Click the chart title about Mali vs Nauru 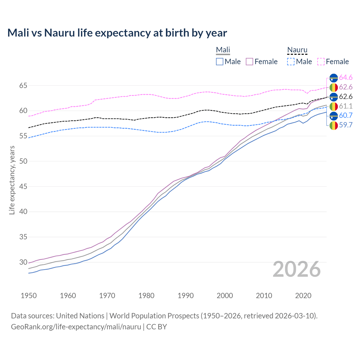tap(117, 33)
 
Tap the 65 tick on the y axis tap(23, 85)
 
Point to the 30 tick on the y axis tap(23, 262)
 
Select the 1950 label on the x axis tap(29, 296)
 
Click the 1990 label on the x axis tap(186, 296)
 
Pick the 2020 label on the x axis tap(303, 296)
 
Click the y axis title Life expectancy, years tap(12, 180)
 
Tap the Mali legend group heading tap(223, 50)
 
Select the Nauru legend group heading tap(297, 50)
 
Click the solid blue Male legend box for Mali tap(220, 62)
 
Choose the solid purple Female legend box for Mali tap(249, 62)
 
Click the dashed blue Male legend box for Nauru tap(291, 62)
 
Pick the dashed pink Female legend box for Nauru tap(321, 62)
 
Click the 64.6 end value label tap(346, 77)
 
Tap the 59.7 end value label tap(346, 125)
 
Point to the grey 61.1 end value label tap(346, 106)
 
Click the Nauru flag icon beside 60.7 tap(334, 116)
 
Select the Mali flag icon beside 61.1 tap(334, 106)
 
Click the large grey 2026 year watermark tap(297, 269)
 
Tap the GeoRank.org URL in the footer tap(76, 327)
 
